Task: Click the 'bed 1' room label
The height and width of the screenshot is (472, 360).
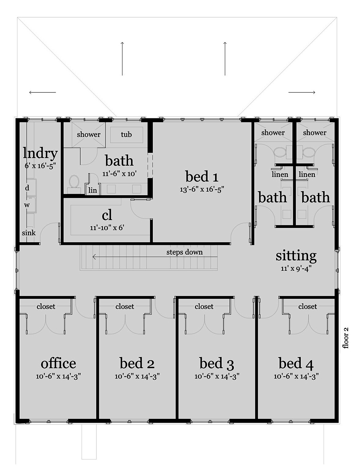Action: click(x=202, y=177)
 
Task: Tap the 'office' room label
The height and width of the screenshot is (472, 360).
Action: click(x=58, y=363)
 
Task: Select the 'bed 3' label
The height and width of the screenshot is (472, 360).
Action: click(x=217, y=363)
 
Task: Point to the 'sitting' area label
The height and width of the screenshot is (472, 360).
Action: click(x=296, y=255)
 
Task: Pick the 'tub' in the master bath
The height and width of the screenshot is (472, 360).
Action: click(x=126, y=135)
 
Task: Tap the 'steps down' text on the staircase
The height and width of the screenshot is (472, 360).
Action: click(x=184, y=252)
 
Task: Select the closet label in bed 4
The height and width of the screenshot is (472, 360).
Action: click(x=307, y=307)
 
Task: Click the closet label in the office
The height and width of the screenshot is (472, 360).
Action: click(x=46, y=307)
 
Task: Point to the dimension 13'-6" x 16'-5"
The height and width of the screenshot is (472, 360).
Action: click(x=202, y=190)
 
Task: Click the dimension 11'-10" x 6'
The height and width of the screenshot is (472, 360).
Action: click(x=107, y=228)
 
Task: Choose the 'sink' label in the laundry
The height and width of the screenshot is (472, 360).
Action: click(x=28, y=233)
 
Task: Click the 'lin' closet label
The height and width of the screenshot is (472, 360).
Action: click(x=93, y=190)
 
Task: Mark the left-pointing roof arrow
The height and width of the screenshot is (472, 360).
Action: click(x=42, y=92)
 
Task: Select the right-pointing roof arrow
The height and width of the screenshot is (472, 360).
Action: click(x=302, y=92)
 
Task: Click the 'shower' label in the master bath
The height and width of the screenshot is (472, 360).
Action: click(x=89, y=135)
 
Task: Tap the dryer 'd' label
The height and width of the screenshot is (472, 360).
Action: click(x=27, y=188)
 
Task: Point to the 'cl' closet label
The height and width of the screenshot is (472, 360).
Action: click(x=107, y=215)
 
